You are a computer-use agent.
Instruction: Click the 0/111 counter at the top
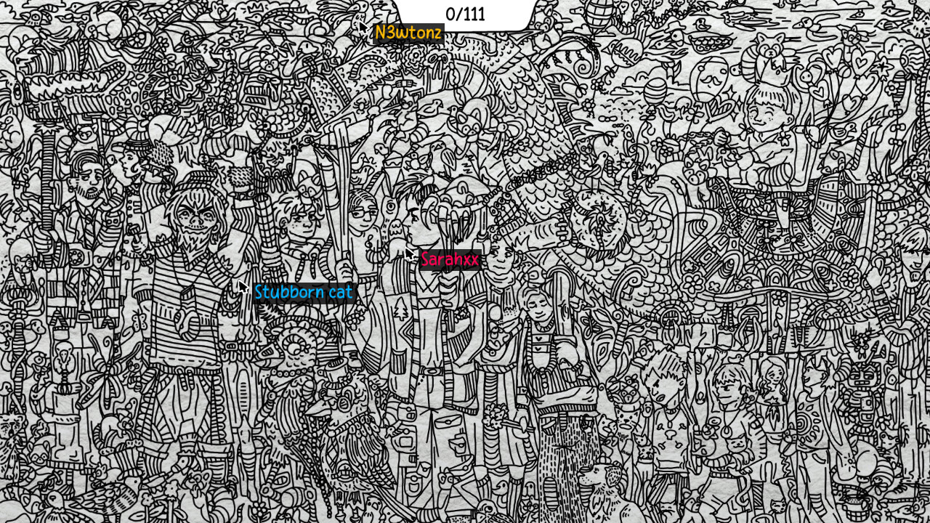point(465,14)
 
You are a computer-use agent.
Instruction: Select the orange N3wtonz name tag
point(408,33)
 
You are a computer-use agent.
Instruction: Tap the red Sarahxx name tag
point(450,259)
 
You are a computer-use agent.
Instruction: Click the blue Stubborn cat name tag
point(303,292)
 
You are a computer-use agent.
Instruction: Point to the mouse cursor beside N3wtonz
point(363,27)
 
